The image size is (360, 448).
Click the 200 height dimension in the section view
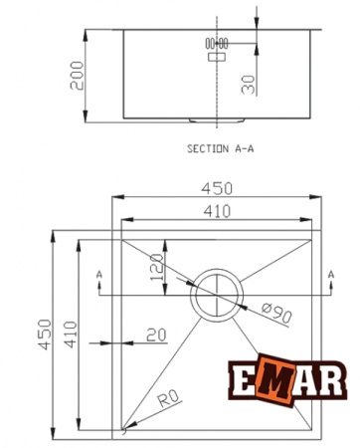[x=76, y=74]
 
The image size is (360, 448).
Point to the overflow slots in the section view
[x=216, y=44]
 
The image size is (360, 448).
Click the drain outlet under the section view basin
[x=216, y=120]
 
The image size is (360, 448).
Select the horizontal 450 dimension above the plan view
[x=217, y=188]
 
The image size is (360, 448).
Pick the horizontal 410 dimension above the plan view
[x=217, y=210]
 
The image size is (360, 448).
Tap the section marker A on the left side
[x=98, y=273]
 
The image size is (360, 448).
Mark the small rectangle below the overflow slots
[x=216, y=59]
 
